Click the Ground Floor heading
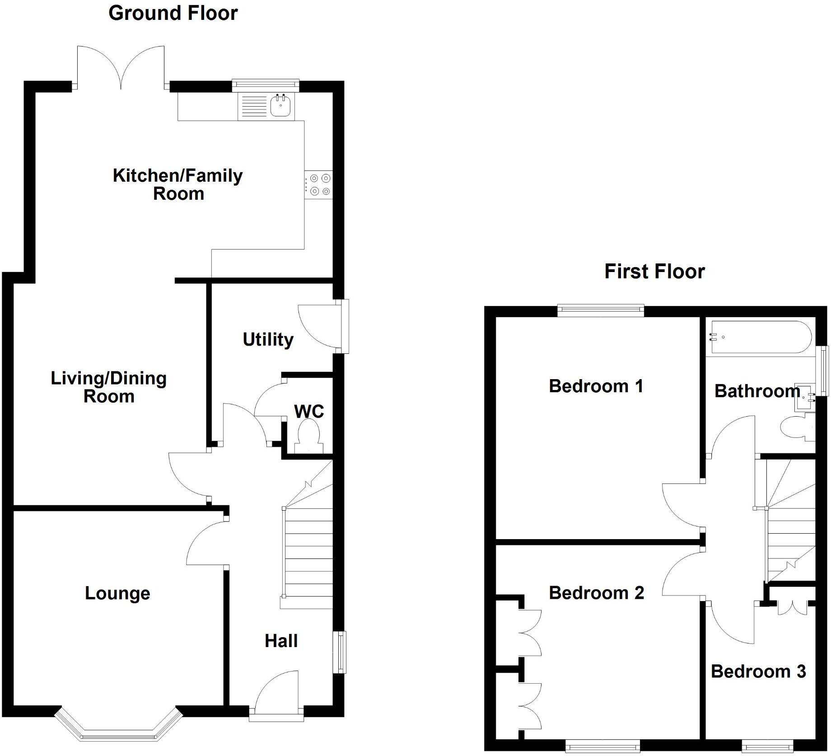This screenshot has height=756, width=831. tap(173, 13)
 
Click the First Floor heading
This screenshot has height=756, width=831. tap(654, 272)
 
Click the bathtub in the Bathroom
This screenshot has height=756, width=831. tap(761, 337)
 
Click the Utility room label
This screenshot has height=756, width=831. tap(268, 339)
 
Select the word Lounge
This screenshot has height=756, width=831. tap(117, 593)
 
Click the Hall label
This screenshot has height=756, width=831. tap(281, 641)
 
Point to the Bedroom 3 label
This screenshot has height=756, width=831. tap(758, 671)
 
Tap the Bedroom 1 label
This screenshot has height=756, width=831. tap(596, 386)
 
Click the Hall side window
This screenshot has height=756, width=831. tap(340, 652)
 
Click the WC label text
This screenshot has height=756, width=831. tap(309, 412)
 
